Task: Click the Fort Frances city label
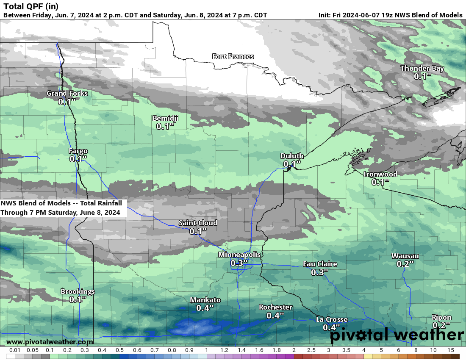[x=233, y=56]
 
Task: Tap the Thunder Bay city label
[x=422, y=68]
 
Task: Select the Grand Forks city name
[x=67, y=93]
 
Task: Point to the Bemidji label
[x=165, y=118]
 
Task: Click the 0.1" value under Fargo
[x=78, y=159]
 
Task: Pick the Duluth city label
[x=292, y=156]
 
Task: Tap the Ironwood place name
[x=380, y=174]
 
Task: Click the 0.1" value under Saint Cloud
[x=198, y=231]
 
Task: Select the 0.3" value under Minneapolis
[x=239, y=263]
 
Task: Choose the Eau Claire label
[x=320, y=264]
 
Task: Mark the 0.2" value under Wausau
[x=405, y=264]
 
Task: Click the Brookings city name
[x=78, y=291]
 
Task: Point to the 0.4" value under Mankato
[x=205, y=308]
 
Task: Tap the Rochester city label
[x=275, y=307]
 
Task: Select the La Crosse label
[x=332, y=319]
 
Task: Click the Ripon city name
[x=441, y=317]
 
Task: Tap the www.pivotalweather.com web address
[x=50, y=342]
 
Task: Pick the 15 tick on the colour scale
[x=450, y=350]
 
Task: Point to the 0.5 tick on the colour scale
[x=119, y=350]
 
